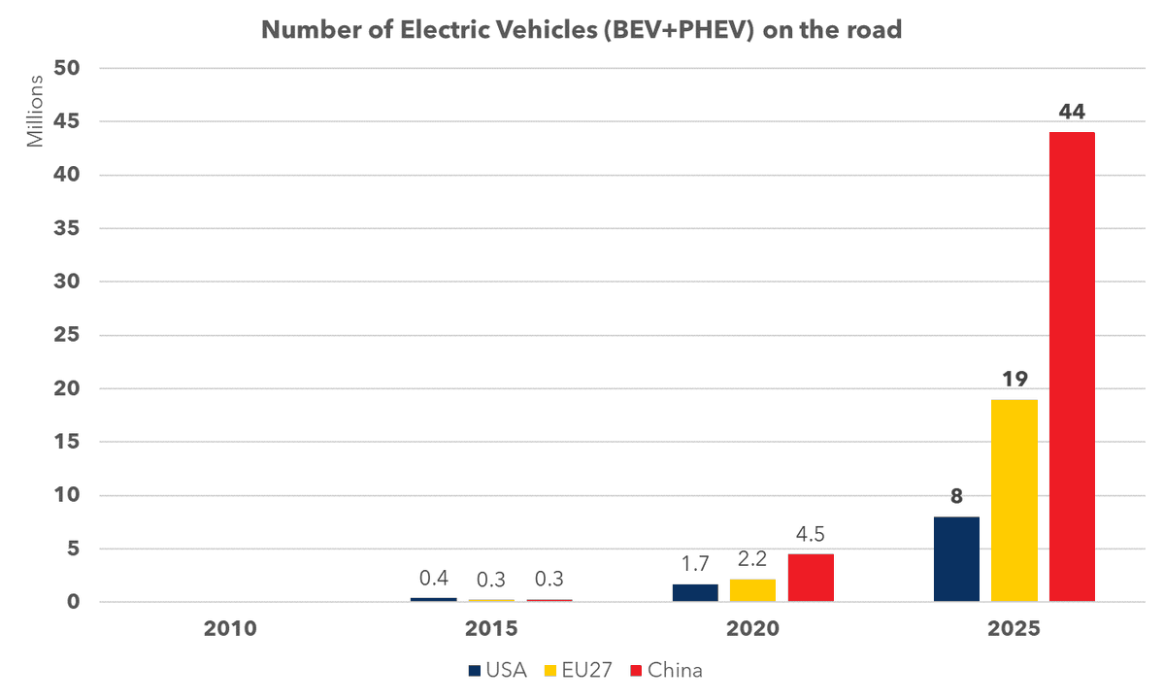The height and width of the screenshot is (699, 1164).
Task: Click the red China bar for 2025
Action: tap(1072, 367)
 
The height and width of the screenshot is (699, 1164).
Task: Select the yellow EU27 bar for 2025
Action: tap(1014, 500)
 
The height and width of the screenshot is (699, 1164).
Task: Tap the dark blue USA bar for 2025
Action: tap(956, 559)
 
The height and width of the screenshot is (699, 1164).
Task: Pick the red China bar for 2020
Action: tap(811, 578)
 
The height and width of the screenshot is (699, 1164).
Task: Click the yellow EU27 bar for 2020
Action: tap(752, 590)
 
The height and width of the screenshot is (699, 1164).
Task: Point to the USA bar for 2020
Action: tap(695, 592)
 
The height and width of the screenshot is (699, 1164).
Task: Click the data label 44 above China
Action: tap(1072, 113)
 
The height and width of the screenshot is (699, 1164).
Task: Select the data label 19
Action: tap(1014, 379)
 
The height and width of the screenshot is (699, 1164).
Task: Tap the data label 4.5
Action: tap(811, 535)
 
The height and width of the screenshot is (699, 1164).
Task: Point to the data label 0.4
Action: tap(433, 580)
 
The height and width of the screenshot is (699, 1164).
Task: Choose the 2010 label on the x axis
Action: tap(230, 629)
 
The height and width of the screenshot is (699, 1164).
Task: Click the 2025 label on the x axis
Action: tap(1014, 629)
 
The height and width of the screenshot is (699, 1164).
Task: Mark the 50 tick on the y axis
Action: tap(78, 69)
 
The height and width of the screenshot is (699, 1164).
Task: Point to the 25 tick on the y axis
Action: tap(78, 336)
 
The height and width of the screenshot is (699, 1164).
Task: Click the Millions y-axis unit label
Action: tap(36, 109)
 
